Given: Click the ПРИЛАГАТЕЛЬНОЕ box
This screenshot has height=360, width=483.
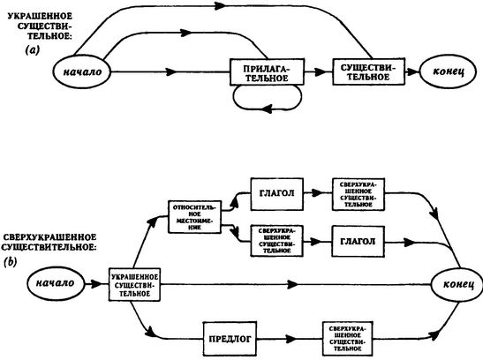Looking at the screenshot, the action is (x=267, y=71).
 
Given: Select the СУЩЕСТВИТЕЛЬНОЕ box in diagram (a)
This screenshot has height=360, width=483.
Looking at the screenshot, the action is (x=368, y=71).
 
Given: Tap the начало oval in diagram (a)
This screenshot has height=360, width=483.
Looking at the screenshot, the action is (x=82, y=71).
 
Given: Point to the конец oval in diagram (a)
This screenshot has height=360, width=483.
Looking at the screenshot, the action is (x=449, y=71).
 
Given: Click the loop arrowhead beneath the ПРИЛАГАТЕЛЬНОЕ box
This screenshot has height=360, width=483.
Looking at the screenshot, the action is (x=268, y=109).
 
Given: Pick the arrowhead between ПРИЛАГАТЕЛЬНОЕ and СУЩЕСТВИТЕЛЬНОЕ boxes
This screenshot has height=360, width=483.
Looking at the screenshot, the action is (x=321, y=71).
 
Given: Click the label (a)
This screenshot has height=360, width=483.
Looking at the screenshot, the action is (x=33, y=49).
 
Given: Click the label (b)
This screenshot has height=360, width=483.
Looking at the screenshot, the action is (x=11, y=262).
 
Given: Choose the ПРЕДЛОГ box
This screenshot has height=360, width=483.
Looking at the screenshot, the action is (x=230, y=339).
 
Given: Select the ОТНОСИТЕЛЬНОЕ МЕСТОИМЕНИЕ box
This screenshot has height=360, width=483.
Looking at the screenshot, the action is (x=194, y=216).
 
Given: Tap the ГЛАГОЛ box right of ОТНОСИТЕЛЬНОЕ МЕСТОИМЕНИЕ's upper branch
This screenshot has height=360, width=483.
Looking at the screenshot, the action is (x=277, y=194).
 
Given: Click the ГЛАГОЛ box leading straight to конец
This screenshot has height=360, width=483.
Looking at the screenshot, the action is (x=358, y=242).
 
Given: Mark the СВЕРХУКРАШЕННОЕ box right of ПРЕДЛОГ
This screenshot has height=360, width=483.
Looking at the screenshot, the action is (x=348, y=338).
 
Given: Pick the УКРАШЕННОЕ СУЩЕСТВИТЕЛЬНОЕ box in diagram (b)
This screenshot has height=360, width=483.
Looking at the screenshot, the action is (x=134, y=284).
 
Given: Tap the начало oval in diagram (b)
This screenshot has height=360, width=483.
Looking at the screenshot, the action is (x=56, y=283).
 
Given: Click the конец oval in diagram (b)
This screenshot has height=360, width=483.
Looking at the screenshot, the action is (x=458, y=284).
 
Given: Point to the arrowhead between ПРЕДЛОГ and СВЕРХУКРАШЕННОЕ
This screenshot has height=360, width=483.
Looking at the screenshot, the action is (x=291, y=339).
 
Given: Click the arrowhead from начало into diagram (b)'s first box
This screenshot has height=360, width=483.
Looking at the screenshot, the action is (x=97, y=284).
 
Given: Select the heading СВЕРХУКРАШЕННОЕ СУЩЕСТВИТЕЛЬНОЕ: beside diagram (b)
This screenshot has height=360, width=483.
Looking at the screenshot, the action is (x=49, y=242).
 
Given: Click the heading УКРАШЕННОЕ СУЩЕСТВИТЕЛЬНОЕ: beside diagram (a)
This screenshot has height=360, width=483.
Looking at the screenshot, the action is (x=41, y=26).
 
